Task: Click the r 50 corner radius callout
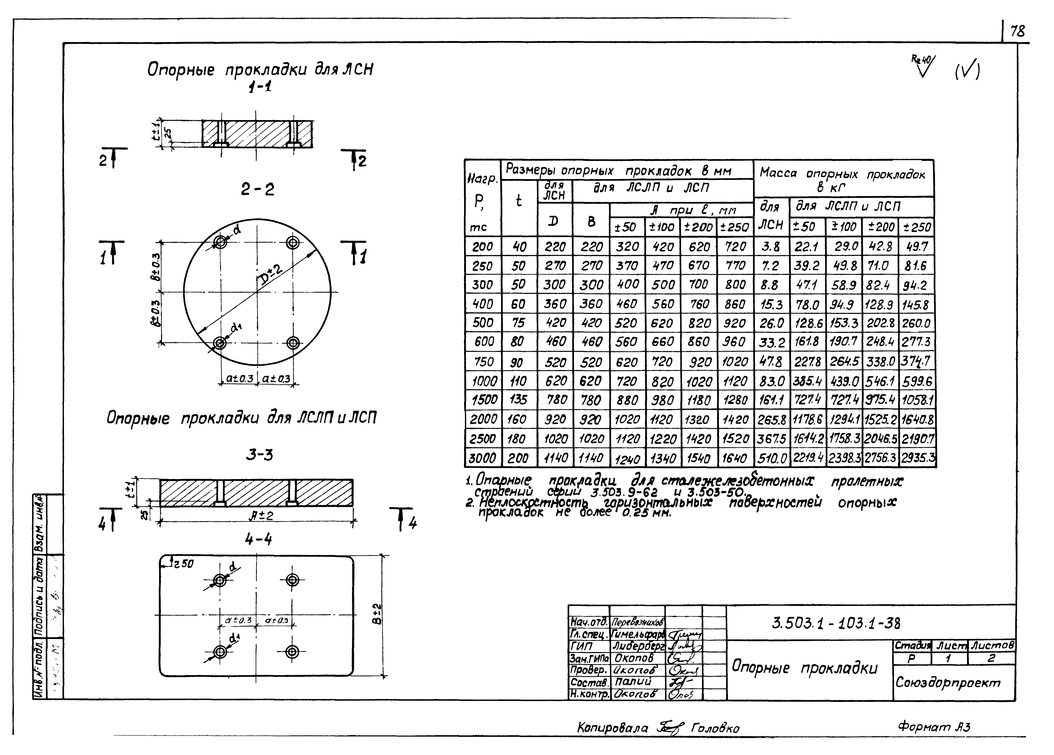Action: tap(183, 563)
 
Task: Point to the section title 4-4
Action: tap(258, 539)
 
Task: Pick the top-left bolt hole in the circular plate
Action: tap(220, 242)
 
